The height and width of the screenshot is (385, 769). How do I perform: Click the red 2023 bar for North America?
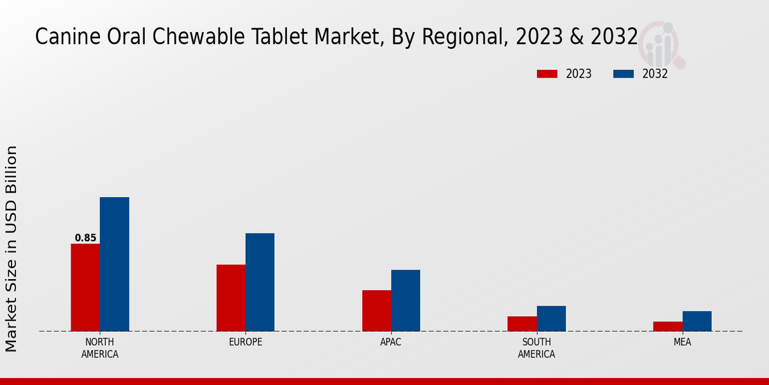point(85,287)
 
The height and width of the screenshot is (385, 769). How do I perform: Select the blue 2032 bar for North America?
point(114,264)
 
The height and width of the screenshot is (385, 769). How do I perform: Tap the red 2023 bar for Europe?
point(231,298)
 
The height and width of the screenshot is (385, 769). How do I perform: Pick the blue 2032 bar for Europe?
point(260,282)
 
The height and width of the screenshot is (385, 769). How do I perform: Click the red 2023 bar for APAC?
point(376,311)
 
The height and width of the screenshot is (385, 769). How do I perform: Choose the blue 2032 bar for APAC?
point(406,300)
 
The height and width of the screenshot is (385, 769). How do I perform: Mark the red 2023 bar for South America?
point(522,323)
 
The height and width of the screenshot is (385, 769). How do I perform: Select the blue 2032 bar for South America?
point(551,318)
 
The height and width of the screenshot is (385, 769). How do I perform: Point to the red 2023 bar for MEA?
point(668,326)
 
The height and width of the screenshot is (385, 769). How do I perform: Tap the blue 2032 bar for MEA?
point(697,321)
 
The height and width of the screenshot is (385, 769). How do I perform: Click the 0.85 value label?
point(85,238)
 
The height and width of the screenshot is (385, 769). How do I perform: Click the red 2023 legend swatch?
point(547,74)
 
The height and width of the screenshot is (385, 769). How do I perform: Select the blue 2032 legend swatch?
point(624,74)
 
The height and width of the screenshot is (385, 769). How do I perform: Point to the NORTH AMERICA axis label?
point(99,348)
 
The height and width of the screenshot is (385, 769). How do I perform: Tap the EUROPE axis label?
point(245,342)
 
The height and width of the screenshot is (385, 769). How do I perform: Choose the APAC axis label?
point(391,342)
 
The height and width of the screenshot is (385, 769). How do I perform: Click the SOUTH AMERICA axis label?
point(536,348)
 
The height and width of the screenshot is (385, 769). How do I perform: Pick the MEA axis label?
point(682,342)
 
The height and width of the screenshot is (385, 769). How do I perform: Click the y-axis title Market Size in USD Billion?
point(12,249)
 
